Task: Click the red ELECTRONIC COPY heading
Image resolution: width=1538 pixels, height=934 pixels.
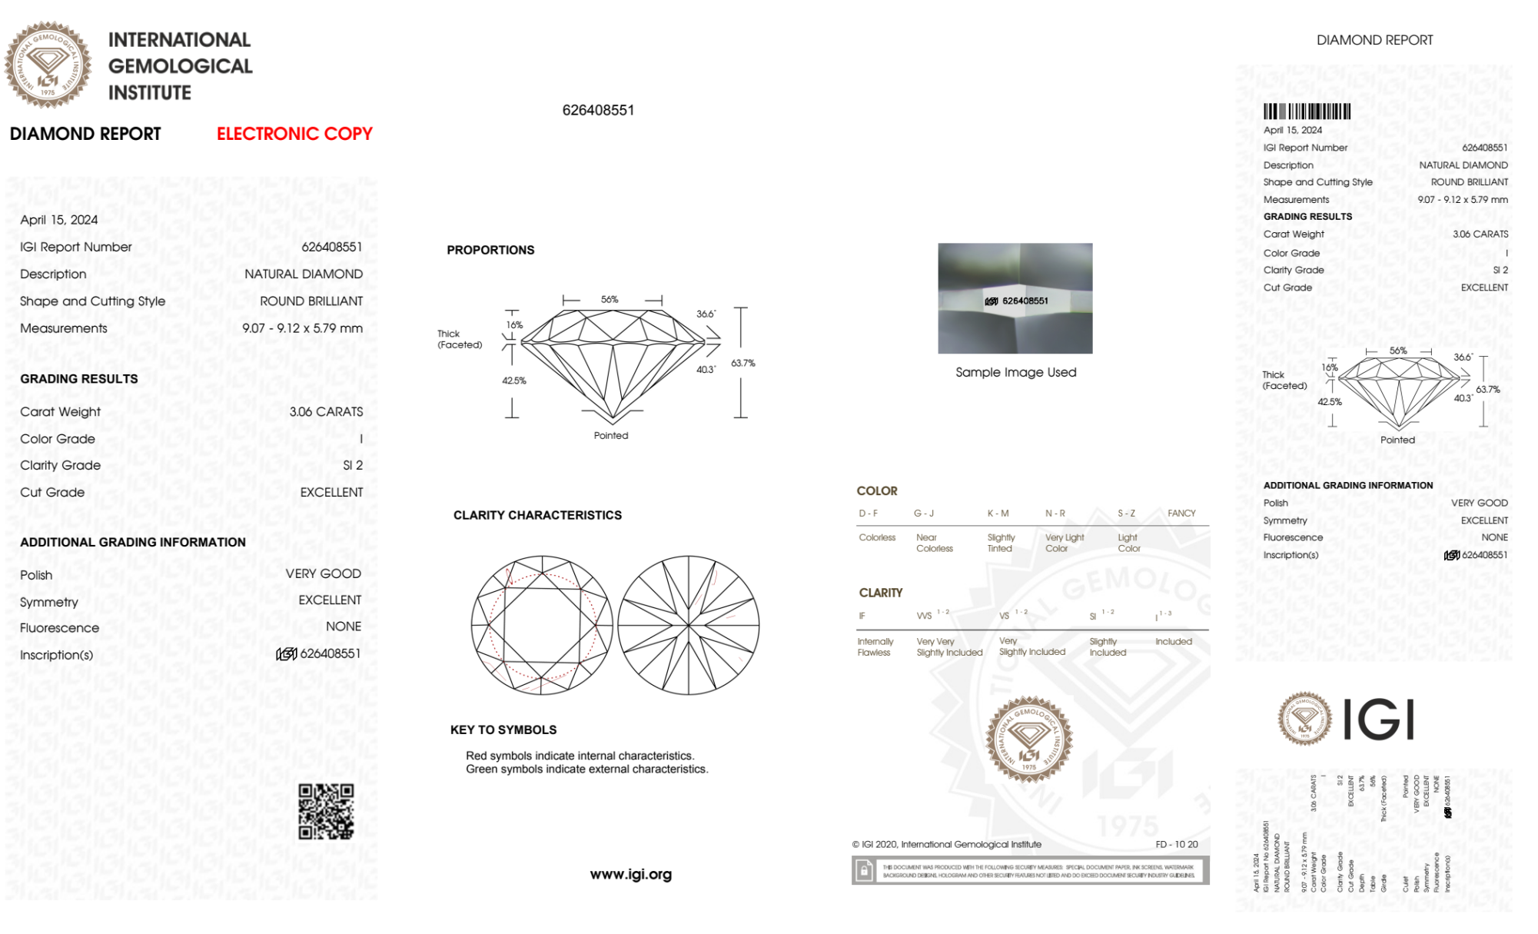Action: [x=294, y=134]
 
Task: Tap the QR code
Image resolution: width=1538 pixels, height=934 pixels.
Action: [x=326, y=811]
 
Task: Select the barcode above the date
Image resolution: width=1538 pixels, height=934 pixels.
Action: [x=1307, y=111]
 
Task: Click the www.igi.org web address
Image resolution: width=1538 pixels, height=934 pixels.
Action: [x=630, y=874]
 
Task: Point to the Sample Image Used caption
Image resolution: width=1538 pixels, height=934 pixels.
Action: [x=1015, y=372]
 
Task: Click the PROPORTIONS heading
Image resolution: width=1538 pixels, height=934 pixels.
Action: [x=490, y=250]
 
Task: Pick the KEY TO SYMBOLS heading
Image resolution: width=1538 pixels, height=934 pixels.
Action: [x=503, y=730]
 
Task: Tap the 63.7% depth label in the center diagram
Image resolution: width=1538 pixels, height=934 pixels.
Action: [x=742, y=363]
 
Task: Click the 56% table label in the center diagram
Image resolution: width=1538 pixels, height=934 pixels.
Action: [x=610, y=299]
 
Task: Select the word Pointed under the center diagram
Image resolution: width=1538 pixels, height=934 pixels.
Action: [x=610, y=435]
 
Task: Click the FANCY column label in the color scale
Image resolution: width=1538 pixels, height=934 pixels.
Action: [x=1181, y=513]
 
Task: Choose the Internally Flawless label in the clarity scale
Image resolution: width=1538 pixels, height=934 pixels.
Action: [x=875, y=646]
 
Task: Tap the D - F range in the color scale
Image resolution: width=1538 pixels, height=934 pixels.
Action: [x=869, y=513]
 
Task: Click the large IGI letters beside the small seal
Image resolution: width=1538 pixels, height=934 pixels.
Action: [x=1379, y=720]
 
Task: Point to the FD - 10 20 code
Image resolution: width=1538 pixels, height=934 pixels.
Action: [x=1176, y=844]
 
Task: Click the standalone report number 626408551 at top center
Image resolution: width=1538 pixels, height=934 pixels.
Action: [x=598, y=110]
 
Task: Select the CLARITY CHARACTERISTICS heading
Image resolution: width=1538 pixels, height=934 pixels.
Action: [x=537, y=515]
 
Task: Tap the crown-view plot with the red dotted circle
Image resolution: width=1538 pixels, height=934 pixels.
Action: [x=542, y=625]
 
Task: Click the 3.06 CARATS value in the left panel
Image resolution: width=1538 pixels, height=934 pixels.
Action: [x=326, y=411]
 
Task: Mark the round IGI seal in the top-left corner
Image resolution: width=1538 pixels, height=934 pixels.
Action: [x=48, y=65]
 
